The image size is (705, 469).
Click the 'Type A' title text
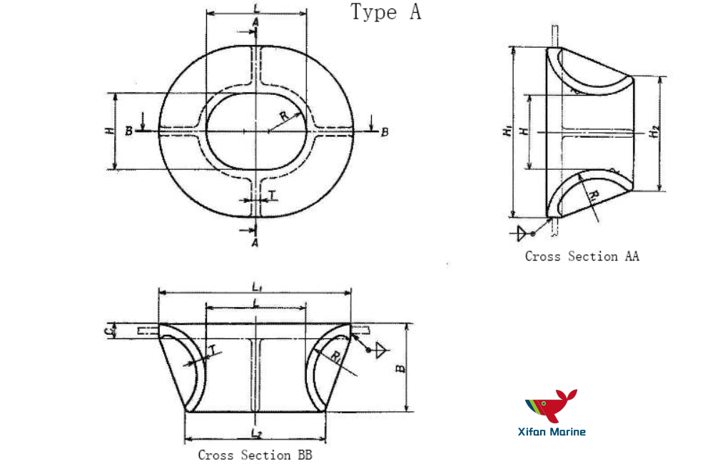point(385,12)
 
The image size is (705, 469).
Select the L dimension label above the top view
point(256,8)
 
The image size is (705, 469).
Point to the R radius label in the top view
point(283,116)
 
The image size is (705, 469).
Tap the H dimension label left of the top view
point(108,131)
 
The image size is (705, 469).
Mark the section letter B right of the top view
point(385,132)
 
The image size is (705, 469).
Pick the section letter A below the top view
point(255,243)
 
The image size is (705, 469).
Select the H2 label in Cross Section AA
point(654,131)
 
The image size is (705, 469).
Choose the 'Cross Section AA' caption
point(582,256)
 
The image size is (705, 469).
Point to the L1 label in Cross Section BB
point(255,286)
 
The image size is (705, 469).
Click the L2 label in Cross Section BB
point(255,433)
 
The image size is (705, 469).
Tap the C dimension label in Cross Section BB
point(107,331)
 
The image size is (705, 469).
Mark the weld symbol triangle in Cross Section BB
point(381,348)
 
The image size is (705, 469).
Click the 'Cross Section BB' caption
point(255,454)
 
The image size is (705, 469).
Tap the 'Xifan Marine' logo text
point(552,431)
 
